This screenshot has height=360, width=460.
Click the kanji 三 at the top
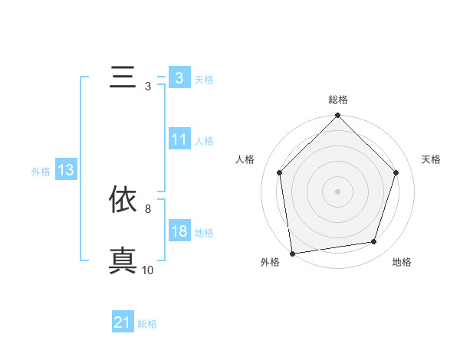pos(123,78)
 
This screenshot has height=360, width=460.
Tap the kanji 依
pos(123,199)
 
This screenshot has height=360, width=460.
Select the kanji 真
pos(123,260)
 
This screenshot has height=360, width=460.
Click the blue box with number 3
pos(179,78)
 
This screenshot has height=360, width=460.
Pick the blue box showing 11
pos(179,139)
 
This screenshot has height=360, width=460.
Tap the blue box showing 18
pos(179,232)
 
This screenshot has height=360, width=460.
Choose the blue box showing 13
pos(65,171)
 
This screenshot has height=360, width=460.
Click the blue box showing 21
pos(123,323)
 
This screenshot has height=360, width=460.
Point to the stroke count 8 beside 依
pos(147,208)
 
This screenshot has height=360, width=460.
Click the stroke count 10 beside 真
pos(147,270)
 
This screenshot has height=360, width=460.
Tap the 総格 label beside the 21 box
pos(147,324)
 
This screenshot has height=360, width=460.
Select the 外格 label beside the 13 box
pos(41,172)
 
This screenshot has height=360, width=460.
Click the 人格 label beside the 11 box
pos(204,140)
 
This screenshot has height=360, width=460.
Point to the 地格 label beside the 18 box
pos(204,233)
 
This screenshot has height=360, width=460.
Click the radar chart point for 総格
pos(337,116)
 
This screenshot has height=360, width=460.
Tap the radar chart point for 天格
pos(396,172)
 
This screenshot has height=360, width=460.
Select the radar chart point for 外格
pos(292,253)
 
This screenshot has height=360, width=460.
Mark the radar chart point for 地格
pos(374,242)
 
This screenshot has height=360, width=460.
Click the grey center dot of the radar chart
pos(337,191)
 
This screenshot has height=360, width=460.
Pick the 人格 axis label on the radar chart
pos(245,160)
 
